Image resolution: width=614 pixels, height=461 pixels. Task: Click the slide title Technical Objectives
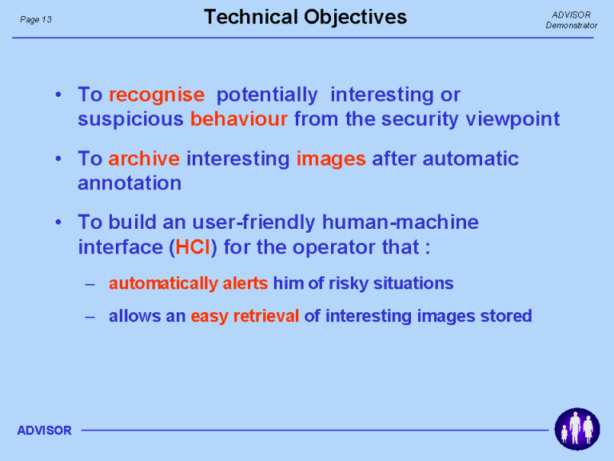tap(305, 18)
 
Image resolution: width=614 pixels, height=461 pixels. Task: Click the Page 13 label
tap(36, 19)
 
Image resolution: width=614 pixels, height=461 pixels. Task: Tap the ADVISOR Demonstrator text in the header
tap(572, 20)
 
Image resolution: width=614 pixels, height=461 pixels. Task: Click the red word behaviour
tap(239, 118)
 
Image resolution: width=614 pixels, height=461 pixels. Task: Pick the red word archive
tap(144, 158)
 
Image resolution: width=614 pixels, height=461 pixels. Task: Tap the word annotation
tap(130, 183)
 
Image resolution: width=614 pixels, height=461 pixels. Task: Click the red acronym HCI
tap(193, 247)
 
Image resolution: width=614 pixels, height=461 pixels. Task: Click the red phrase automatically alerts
tap(189, 283)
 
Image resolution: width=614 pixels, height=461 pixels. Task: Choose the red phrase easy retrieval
tap(245, 316)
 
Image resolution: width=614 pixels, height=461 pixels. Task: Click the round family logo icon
tap(576, 429)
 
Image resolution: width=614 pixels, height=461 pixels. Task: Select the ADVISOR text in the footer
tap(44, 431)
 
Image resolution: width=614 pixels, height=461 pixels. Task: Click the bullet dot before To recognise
tap(58, 95)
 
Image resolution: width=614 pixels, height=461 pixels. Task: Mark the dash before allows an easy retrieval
tap(90, 316)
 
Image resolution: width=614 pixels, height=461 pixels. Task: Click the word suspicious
tap(130, 119)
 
